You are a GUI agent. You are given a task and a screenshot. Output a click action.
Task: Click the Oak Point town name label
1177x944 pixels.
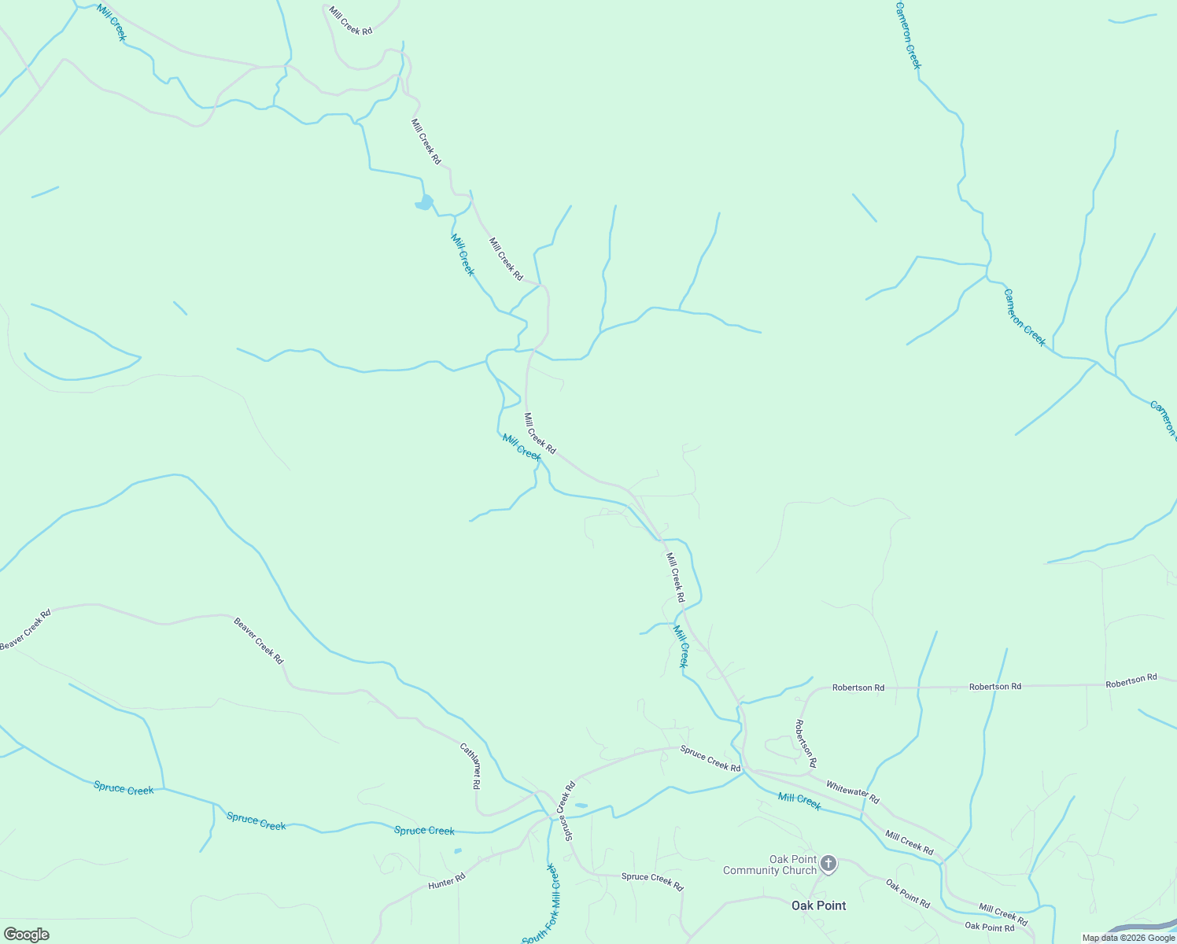818,905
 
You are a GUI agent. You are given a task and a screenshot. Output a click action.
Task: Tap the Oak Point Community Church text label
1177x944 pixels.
769,865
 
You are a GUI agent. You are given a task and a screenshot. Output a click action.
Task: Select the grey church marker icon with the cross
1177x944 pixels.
828,864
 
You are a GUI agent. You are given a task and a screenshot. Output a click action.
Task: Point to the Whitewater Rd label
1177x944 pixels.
852,792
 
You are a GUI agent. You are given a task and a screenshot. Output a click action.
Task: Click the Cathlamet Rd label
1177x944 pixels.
470,766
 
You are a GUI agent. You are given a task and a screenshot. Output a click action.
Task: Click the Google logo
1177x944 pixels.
26,935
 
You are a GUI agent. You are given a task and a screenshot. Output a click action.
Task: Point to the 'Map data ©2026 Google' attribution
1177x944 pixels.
1128,938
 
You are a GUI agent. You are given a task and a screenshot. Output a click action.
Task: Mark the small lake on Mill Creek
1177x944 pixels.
425,203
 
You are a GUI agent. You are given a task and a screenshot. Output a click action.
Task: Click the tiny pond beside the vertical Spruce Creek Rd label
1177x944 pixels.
581,806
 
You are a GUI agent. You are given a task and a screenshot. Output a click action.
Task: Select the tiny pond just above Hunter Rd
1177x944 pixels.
458,850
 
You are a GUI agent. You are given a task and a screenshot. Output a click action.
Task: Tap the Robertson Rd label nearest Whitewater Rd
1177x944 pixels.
806,743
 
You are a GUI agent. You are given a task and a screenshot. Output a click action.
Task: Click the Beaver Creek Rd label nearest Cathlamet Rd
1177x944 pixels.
258,640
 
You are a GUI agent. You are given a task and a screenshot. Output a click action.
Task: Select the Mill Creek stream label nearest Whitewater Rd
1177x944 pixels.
799,802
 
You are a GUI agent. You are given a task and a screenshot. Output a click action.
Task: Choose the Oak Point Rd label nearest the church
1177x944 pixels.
908,894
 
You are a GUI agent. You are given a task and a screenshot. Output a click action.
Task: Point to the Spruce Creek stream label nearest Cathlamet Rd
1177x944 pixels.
424,831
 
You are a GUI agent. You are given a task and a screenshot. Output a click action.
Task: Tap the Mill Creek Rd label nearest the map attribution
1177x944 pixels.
1003,915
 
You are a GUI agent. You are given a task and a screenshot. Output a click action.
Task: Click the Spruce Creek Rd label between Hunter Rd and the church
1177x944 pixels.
652,881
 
